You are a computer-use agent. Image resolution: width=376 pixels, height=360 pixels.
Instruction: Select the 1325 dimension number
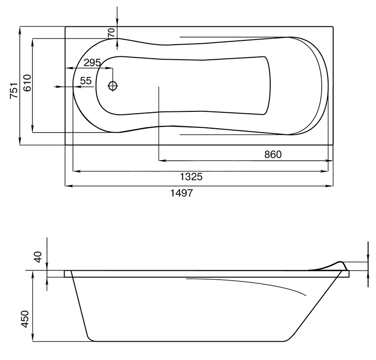pos(191,177)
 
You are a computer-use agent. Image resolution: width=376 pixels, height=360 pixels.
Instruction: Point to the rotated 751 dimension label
pos(14,90)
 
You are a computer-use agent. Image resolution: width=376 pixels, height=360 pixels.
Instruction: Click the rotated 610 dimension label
pos(27,84)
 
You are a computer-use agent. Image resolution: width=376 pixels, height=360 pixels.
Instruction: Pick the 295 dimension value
pos(92,63)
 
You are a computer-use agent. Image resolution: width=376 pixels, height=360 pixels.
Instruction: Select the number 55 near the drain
pos(86,81)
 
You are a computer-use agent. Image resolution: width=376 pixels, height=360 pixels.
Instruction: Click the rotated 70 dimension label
pos(111,32)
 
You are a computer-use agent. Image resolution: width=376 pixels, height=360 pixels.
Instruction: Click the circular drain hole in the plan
pos(113,86)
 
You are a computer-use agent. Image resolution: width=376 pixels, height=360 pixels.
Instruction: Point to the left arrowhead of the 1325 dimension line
pos(76,170)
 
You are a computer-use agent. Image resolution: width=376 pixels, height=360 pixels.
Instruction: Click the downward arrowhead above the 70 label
pos(117,23)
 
